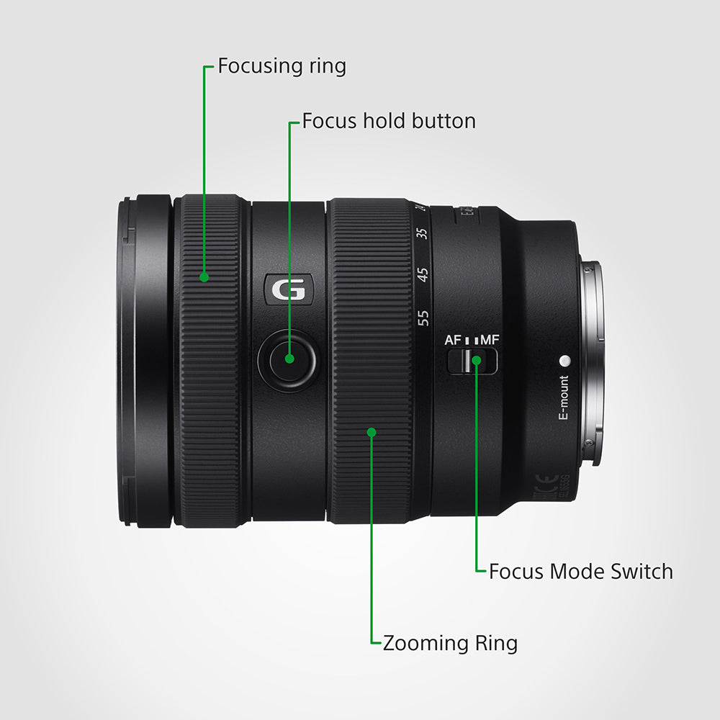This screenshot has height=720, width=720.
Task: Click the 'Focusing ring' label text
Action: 282,66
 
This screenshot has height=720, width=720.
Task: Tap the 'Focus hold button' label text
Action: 389,121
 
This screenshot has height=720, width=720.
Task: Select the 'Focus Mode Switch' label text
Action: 580,572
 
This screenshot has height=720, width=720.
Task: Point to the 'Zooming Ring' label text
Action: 450,643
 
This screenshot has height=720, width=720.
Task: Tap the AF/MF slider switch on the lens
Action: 472,361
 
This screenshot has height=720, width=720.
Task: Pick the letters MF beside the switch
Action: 490,339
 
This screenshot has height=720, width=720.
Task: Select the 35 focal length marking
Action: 423,234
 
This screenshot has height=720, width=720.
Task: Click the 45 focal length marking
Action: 423,274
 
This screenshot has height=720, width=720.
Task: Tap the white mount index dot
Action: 564,360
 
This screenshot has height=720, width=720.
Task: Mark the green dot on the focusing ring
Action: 204,276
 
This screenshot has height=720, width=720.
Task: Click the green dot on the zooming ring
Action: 372,432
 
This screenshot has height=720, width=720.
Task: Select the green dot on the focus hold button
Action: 289,358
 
